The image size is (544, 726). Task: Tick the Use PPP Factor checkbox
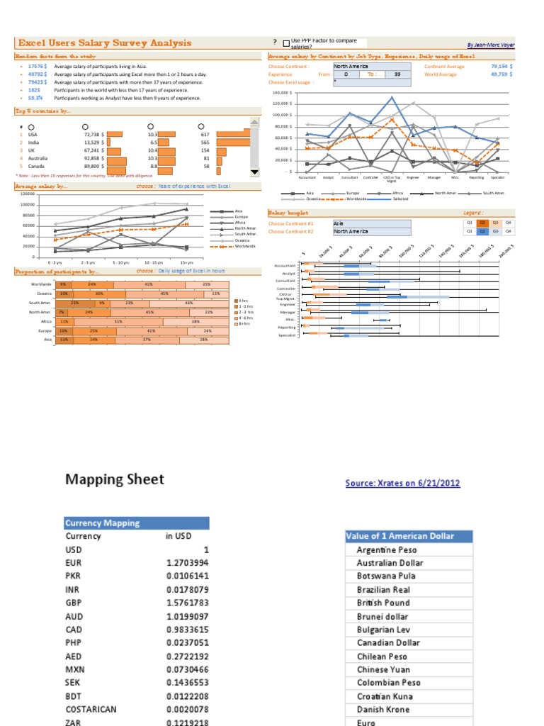click(x=285, y=43)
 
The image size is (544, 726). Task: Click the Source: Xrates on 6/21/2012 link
click(x=402, y=484)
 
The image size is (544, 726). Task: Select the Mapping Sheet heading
click(x=114, y=479)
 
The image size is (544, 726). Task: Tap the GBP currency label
click(x=74, y=603)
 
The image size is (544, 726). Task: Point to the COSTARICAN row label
click(x=91, y=709)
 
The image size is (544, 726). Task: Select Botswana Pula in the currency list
click(x=386, y=576)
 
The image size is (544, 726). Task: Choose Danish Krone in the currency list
click(x=383, y=709)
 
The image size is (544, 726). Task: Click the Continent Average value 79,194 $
click(x=501, y=67)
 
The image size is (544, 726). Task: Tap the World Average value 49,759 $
click(x=501, y=74)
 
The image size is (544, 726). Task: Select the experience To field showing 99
click(x=397, y=74)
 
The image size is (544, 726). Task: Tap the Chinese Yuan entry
click(x=382, y=669)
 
